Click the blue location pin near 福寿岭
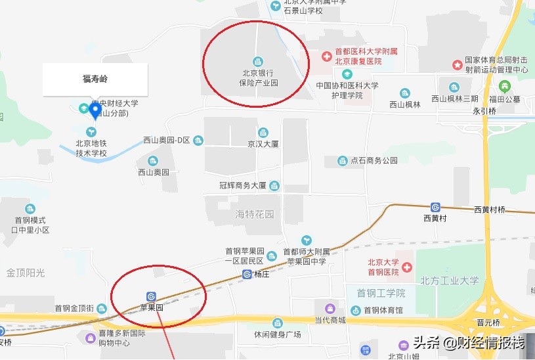95,110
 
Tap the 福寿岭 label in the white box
95,79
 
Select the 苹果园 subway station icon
152,297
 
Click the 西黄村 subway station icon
435,207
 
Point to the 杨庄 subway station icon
247,274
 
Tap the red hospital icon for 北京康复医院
326,56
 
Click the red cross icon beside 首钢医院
407,267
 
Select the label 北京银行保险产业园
259,78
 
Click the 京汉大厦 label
263,143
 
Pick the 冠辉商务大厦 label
243,186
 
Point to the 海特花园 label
255,215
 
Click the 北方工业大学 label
450,281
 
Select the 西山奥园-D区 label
167,140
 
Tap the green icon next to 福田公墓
504,86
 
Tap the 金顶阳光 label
26,272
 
